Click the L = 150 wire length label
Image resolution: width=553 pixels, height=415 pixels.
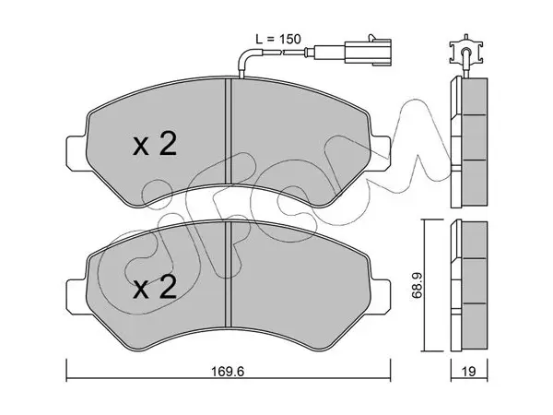(278, 39)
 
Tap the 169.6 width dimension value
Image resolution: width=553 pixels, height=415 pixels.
(228, 372)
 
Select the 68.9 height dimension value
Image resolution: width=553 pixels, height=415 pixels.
(417, 285)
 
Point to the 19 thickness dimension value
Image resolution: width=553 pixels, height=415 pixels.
(469, 372)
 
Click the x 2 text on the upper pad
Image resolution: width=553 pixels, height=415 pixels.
(155, 145)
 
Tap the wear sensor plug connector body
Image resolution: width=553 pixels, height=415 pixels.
(368, 53)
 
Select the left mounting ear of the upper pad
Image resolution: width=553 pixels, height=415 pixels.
(76, 154)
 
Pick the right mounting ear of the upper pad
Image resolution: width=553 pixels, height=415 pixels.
(380, 154)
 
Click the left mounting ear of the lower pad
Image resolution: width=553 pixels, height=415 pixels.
(76, 297)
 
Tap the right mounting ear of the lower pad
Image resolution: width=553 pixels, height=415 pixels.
(380, 297)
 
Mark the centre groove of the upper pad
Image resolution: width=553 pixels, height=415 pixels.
(228, 131)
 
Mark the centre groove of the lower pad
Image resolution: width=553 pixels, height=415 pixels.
(228, 274)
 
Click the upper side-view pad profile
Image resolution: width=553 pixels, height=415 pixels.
(469, 142)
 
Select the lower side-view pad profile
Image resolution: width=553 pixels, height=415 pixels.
(469, 286)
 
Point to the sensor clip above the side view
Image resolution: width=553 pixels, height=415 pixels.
(465, 52)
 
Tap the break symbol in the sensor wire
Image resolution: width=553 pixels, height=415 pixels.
(282, 53)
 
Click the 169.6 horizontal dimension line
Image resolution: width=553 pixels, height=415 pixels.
(229, 379)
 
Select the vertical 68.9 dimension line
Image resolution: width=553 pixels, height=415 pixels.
(425, 285)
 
